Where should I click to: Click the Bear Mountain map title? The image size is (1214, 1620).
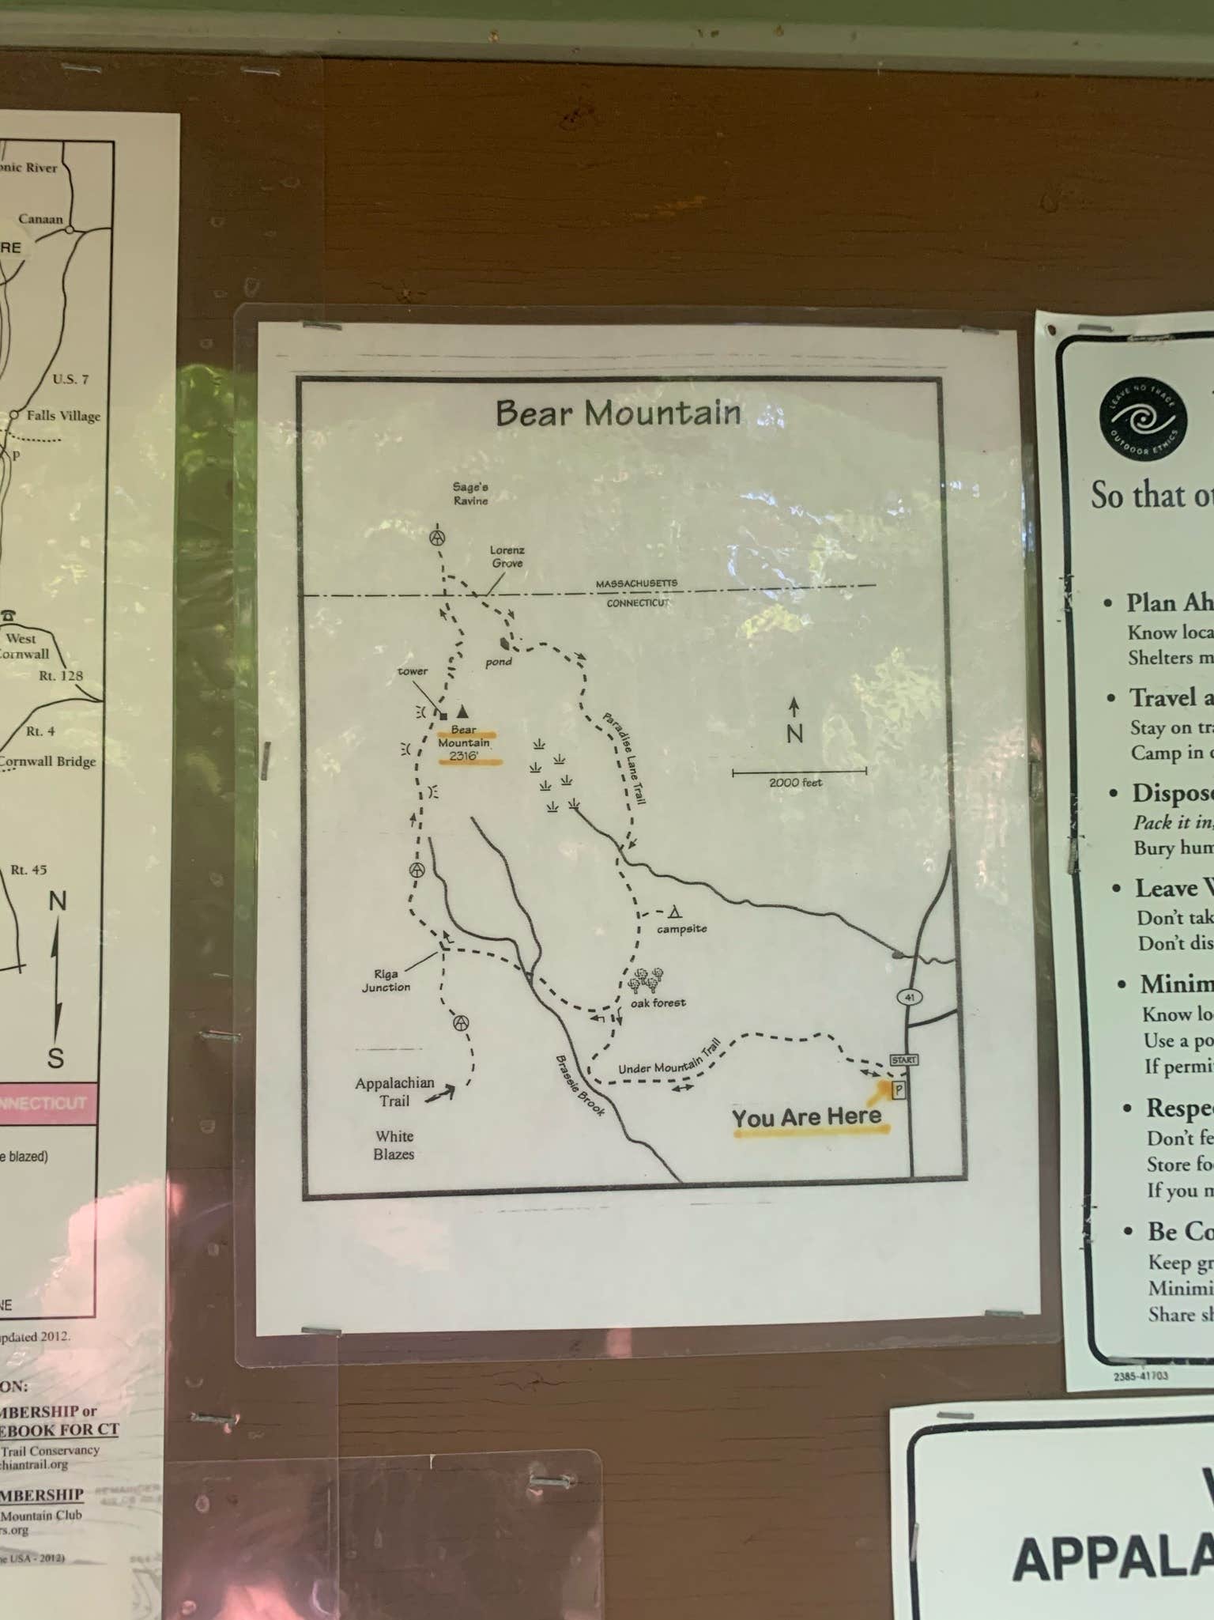tap(617, 413)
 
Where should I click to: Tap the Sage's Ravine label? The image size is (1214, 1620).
tap(470, 494)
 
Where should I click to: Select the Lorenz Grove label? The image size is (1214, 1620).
tap(507, 557)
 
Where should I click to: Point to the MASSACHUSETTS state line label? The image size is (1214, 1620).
tap(636, 583)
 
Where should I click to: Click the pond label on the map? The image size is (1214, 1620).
tap(498, 662)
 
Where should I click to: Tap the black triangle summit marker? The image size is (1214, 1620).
tap(462, 712)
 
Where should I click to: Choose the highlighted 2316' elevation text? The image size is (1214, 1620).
tap(463, 756)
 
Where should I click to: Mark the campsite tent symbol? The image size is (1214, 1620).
tap(675, 913)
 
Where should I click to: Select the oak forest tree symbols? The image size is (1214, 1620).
tap(646, 980)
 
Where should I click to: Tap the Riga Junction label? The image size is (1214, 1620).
tap(386, 980)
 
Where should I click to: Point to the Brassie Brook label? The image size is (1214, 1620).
tap(580, 1086)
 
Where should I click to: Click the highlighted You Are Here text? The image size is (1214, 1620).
tap(806, 1117)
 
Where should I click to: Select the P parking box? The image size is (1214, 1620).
tap(898, 1090)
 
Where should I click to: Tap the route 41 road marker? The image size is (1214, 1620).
tap(909, 997)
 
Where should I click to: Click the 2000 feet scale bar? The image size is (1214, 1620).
tap(799, 771)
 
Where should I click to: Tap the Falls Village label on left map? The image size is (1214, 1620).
tap(63, 416)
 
